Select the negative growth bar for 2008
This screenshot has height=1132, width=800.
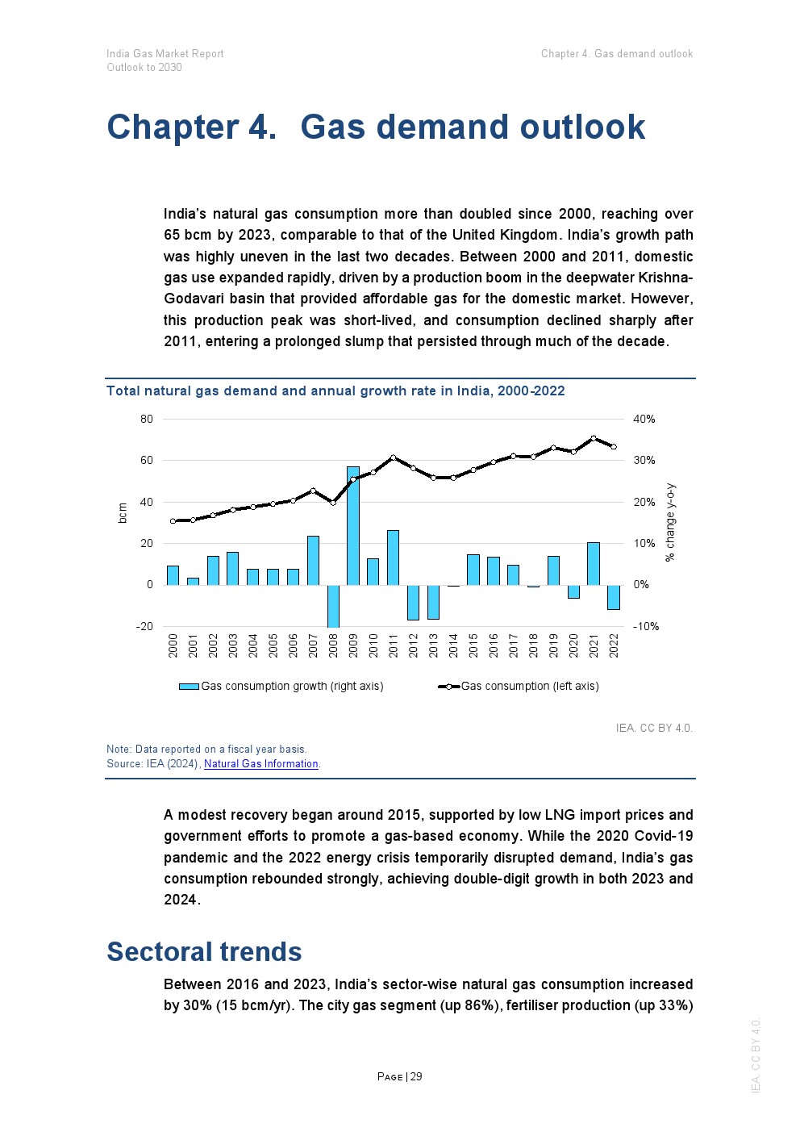[x=333, y=605]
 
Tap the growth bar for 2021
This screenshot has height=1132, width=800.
[x=594, y=563]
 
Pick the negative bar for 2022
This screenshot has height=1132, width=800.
[x=614, y=597]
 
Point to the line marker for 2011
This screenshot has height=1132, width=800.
[x=393, y=457]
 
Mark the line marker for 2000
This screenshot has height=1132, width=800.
[x=173, y=521]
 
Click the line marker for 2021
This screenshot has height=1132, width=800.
[x=594, y=438]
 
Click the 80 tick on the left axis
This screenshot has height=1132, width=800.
[x=146, y=420]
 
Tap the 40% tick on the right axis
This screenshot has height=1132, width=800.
[x=644, y=420]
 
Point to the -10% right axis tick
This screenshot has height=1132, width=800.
[x=645, y=627]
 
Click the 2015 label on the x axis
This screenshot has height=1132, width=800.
[x=473, y=645]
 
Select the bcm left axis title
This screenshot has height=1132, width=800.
[x=123, y=513]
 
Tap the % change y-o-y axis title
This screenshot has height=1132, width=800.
[x=670, y=523]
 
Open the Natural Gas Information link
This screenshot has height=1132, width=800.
[x=261, y=764]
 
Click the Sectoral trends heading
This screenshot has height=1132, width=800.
[x=204, y=952]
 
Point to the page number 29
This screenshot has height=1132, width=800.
[x=416, y=1077]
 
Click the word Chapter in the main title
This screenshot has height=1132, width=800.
[x=173, y=127]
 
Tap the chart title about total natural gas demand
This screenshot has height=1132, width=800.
[x=335, y=391]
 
